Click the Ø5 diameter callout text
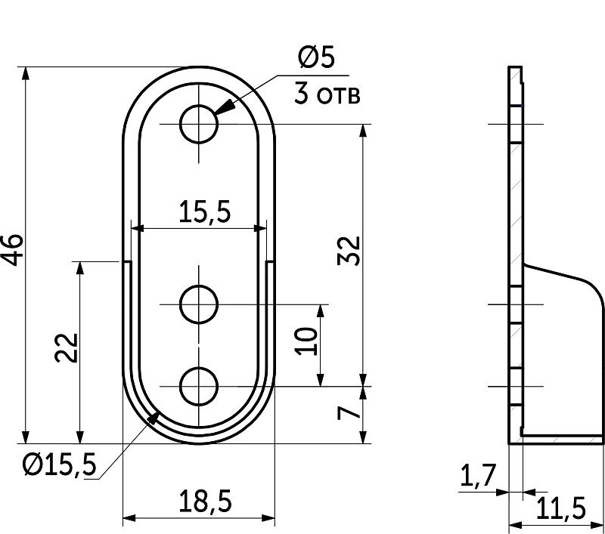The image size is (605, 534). [x=316, y=57]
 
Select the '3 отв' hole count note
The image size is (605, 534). [x=327, y=94]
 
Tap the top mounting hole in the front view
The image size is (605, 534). [x=199, y=124]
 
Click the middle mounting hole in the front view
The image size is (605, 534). [x=199, y=304]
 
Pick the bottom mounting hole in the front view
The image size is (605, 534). [x=199, y=386]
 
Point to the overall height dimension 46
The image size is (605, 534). [x=12, y=249]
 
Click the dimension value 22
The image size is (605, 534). [x=67, y=347]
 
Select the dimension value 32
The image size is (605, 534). [x=349, y=251]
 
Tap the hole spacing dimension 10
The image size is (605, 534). [x=306, y=341]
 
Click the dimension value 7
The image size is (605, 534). [x=349, y=413]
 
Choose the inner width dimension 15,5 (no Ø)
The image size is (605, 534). [x=204, y=212]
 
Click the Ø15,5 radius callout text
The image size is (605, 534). [x=59, y=465]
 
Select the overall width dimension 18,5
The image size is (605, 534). [x=205, y=502]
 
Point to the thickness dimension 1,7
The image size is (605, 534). [x=477, y=475]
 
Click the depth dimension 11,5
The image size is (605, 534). [x=560, y=508]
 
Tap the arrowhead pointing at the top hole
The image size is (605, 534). [x=224, y=107]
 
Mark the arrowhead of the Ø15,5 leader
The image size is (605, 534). [x=154, y=417]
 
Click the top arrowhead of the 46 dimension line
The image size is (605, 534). [x=26, y=74]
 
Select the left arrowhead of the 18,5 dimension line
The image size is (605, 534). [x=129, y=518]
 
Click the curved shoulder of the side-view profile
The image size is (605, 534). [x=592, y=287]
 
